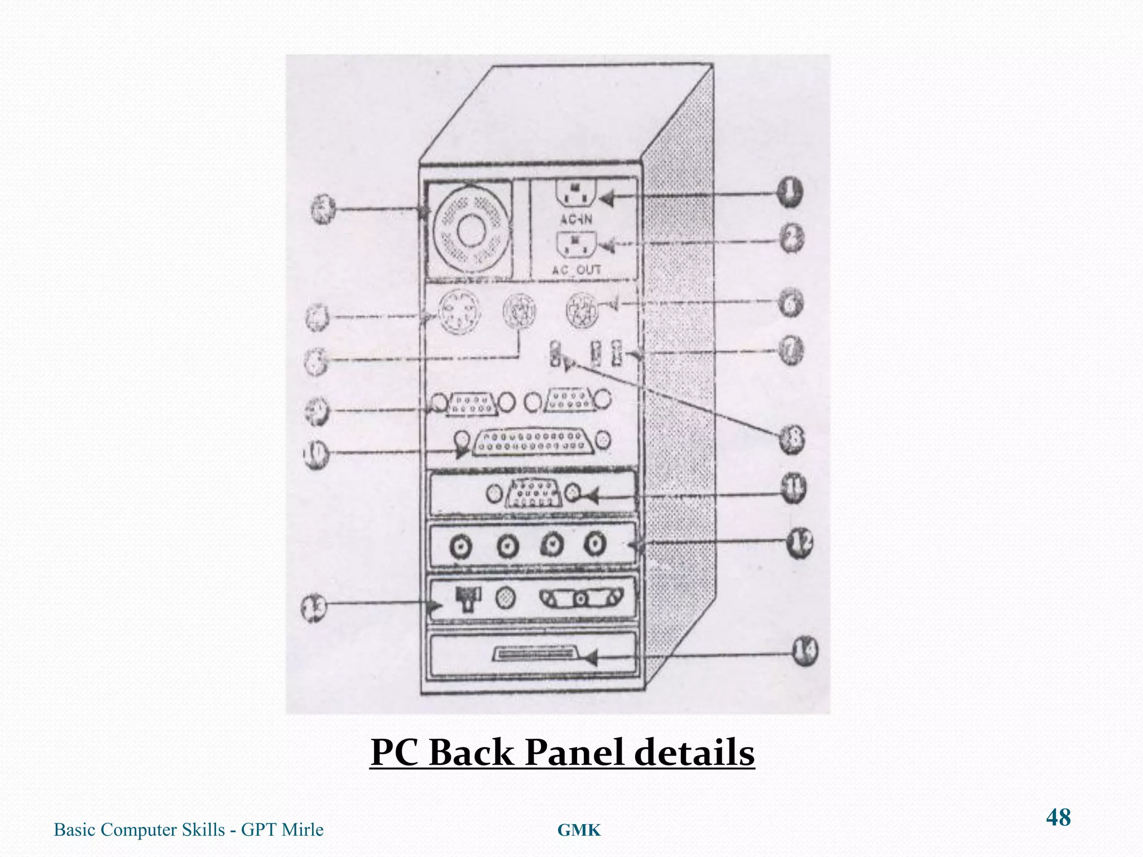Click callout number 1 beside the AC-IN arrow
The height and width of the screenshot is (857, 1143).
789,193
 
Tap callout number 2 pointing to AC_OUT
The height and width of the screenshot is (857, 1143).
791,239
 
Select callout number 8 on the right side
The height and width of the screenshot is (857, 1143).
791,439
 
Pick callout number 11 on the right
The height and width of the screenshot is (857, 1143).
793,489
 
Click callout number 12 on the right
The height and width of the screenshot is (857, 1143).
800,542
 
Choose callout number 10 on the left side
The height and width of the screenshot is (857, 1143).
316,454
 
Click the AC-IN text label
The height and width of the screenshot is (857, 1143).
577,219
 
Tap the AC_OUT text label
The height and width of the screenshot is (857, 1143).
577,270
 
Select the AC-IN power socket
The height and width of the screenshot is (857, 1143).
575,196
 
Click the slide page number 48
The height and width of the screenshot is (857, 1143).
1058,817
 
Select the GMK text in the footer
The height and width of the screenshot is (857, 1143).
579,831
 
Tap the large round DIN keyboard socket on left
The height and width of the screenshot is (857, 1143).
458,311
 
